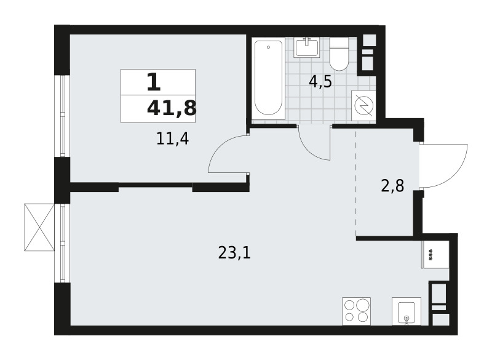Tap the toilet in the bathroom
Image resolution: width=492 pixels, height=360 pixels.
339,54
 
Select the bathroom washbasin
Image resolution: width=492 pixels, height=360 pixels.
306,47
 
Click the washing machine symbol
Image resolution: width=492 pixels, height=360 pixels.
363,105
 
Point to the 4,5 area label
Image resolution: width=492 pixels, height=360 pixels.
320,82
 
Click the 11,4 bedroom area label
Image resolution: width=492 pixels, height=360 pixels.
172,138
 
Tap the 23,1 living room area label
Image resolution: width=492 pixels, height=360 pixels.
234,253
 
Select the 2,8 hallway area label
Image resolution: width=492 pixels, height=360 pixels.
392,185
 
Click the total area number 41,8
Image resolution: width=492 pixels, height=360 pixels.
172,108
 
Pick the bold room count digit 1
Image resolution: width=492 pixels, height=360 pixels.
153,82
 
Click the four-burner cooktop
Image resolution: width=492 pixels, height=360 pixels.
356,311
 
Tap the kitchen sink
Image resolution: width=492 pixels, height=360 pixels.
407,311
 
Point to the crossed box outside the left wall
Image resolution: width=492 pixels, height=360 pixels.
39,227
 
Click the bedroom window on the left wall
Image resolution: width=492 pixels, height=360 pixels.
63,116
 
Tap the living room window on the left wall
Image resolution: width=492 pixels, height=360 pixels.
63,243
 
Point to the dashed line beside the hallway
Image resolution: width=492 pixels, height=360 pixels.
356,183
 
